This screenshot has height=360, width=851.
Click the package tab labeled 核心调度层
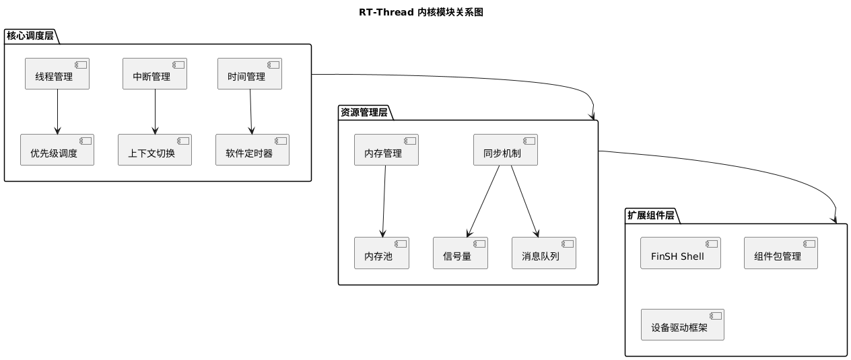coord(30,36)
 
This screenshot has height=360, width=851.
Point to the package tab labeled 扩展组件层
coord(651,216)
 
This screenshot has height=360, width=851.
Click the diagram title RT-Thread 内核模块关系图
coord(425,12)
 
